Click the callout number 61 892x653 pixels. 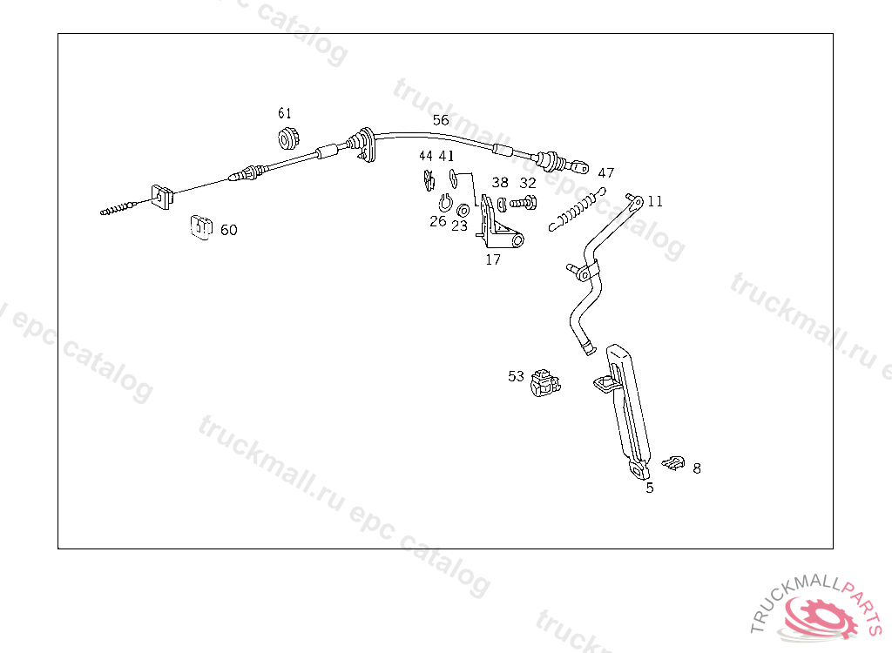coord(285,113)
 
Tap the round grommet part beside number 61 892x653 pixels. coord(288,138)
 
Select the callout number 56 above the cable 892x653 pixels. coord(441,120)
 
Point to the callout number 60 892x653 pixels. coord(228,230)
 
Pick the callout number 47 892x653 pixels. coord(606,173)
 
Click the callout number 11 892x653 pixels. coord(655,201)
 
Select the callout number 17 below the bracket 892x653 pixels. coord(493,259)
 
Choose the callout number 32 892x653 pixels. coord(528,183)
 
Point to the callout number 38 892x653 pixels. coord(500,183)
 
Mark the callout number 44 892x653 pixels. coord(425,156)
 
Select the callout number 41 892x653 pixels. coord(446,156)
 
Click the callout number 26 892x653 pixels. coord(437,221)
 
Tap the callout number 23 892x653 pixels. coord(459,226)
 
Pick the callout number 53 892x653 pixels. coord(517,376)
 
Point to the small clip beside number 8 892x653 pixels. coord(673,461)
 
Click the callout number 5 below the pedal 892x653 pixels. coord(649,488)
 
